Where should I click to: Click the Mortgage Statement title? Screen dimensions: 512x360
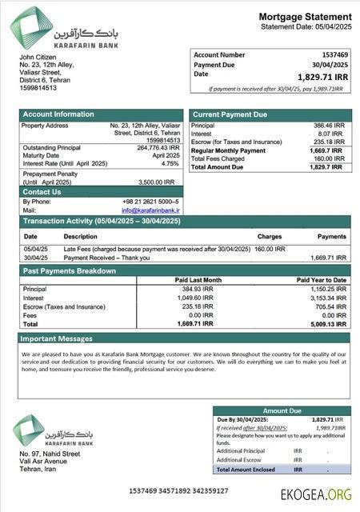tap(305, 17)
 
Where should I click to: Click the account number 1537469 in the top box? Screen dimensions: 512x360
tap(334, 54)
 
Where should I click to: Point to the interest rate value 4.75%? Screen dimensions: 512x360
tap(170, 163)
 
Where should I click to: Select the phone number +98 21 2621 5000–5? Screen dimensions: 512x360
tap(151, 202)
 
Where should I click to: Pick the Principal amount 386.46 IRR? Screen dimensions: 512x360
tap(329, 126)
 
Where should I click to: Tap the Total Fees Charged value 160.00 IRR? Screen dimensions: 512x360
tap(330, 158)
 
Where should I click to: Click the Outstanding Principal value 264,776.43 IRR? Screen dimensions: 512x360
tap(158, 147)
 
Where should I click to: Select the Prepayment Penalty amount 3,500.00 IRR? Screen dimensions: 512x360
tap(158, 182)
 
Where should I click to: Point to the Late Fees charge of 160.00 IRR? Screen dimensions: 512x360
tap(275, 249)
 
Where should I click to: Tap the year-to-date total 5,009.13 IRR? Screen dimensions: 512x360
tap(329, 324)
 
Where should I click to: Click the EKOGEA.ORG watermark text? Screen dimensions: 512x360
tap(316, 494)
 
